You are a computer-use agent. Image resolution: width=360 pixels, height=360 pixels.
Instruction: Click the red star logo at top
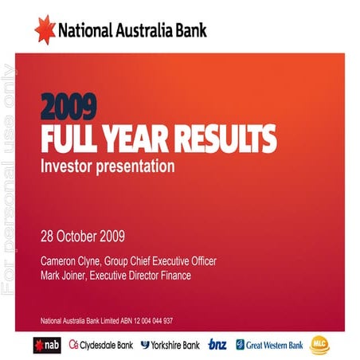[45, 29]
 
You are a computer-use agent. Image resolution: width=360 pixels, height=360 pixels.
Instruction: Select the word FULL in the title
[71, 140]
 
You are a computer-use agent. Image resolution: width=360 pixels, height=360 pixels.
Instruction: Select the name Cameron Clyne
[70, 261]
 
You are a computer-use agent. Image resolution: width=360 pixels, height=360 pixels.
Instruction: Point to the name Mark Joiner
[62, 276]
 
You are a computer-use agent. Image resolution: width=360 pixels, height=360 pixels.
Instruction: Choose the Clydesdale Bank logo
[101, 345]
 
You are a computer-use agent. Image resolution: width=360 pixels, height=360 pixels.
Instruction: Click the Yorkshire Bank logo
[170, 345]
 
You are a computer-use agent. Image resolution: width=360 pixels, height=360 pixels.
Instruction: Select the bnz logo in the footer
[217, 345]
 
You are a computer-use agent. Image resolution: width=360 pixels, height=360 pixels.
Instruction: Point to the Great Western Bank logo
[269, 345]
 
